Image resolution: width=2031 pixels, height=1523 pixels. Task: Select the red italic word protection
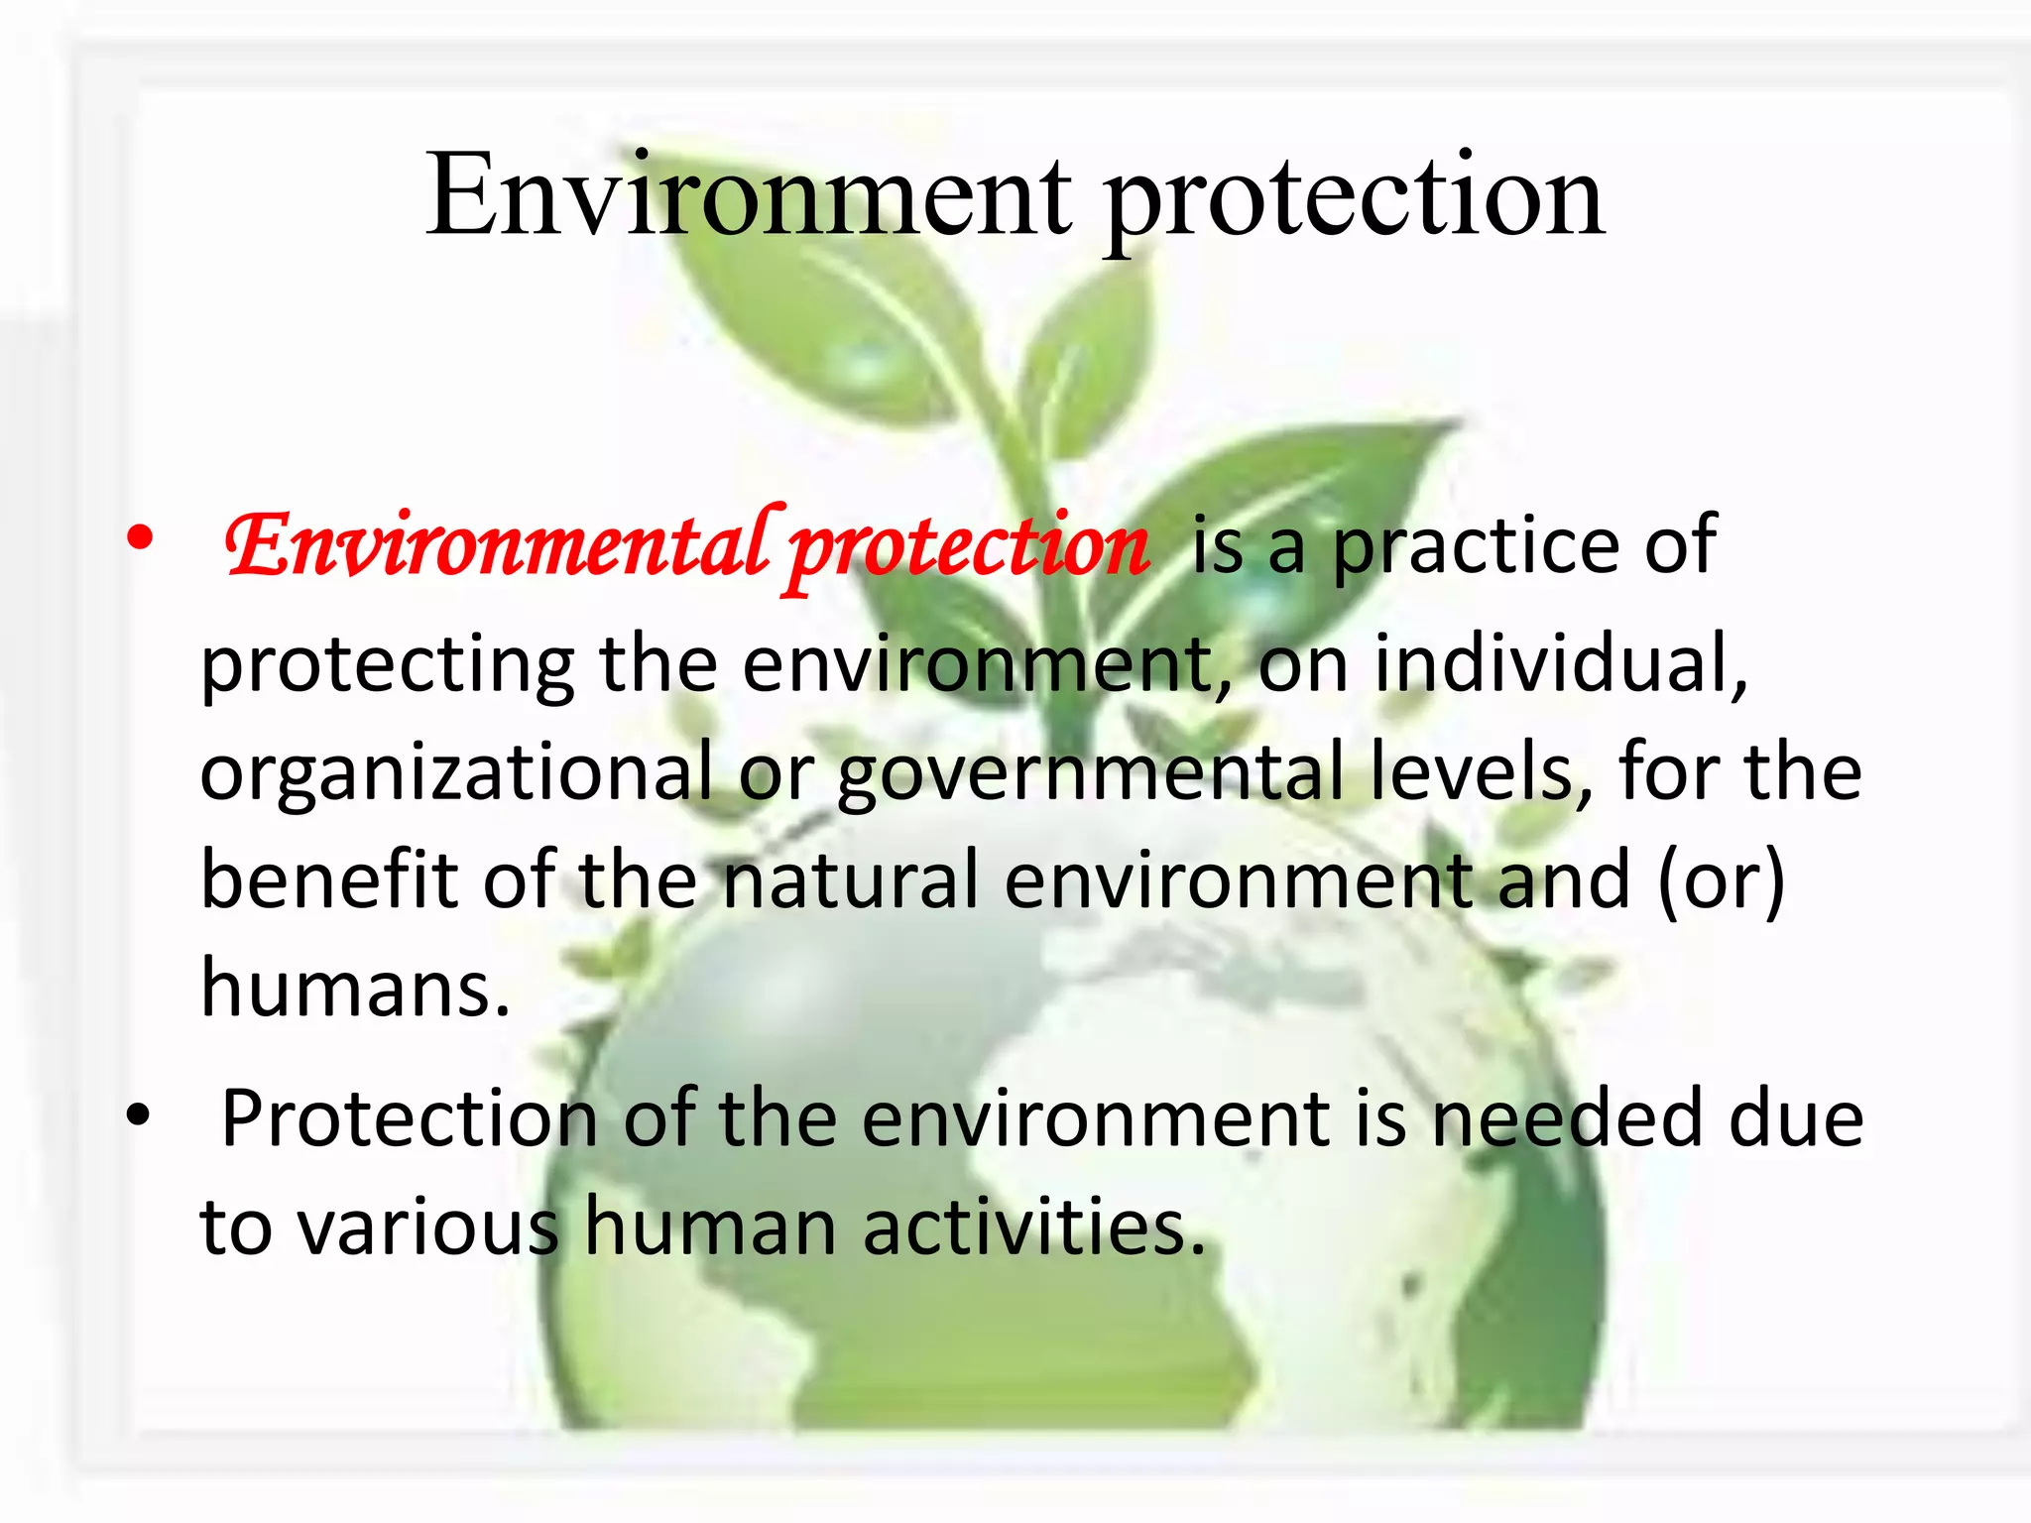pos(969,550)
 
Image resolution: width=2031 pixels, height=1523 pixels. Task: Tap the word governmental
pos(1091,773)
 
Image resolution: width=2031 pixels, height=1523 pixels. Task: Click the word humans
pos(355,988)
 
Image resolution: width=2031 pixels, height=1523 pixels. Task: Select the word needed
pos(1567,1118)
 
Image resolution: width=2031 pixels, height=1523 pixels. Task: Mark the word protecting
pos(387,666)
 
